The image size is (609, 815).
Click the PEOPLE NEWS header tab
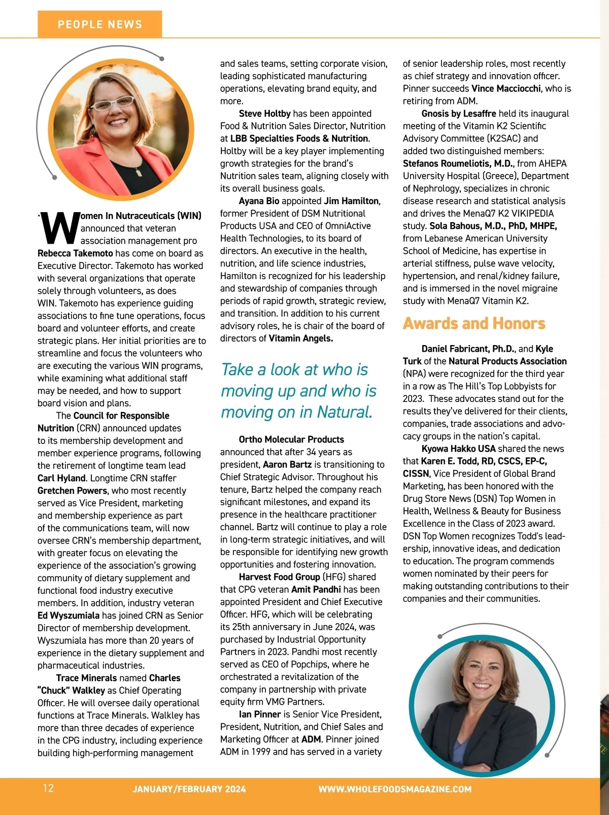coord(100,24)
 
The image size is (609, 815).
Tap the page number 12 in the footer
coord(48,788)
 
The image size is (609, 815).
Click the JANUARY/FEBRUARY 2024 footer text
coord(189,789)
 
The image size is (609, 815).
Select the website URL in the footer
coord(395,789)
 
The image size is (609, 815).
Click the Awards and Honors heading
coord(474,323)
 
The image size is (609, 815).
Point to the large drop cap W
coord(58,228)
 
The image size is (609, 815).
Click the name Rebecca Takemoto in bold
coord(75,253)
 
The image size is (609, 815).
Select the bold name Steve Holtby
coord(264,114)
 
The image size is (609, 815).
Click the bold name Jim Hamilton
coord(352,201)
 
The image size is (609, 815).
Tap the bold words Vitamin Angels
coord(300,338)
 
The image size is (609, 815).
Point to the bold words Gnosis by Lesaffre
coord(459,114)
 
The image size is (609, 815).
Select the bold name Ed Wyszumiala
coord(69,616)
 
